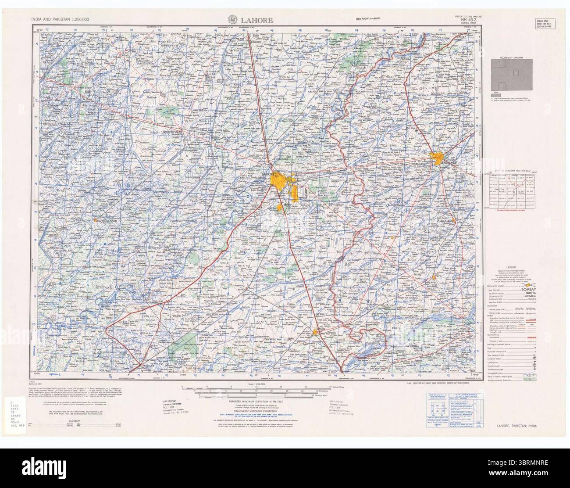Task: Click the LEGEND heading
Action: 512,267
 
